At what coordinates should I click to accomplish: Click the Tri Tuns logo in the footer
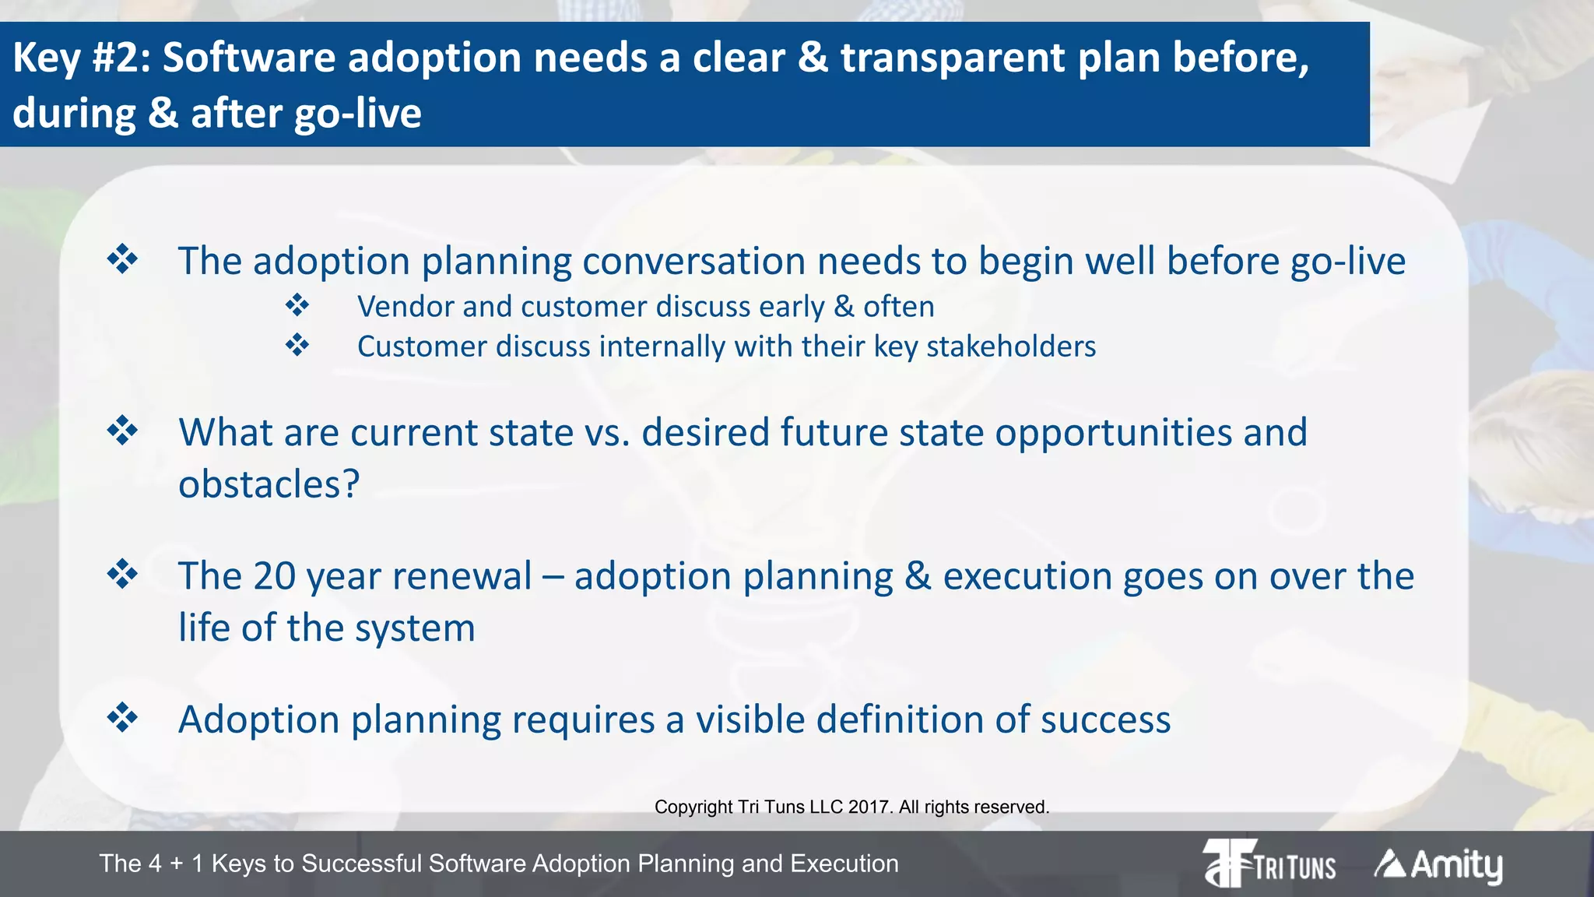tap(1269, 863)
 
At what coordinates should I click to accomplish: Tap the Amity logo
tap(1438, 864)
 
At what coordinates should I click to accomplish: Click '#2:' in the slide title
tap(121, 58)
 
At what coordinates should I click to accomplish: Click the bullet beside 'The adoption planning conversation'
tap(123, 259)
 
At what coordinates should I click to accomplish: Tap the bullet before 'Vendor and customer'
tap(297, 305)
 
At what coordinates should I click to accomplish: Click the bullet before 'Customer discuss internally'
tap(297, 345)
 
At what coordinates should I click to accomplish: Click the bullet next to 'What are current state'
tap(123, 430)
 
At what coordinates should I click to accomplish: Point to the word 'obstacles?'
tap(269, 484)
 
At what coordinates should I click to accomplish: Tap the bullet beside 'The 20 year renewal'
tap(123, 575)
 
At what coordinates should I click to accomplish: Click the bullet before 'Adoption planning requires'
tap(123, 717)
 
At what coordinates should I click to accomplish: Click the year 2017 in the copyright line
tap(869, 807)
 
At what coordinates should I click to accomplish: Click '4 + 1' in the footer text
tap(177, 864)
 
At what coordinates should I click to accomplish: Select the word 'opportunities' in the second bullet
tap(1113, 433)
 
